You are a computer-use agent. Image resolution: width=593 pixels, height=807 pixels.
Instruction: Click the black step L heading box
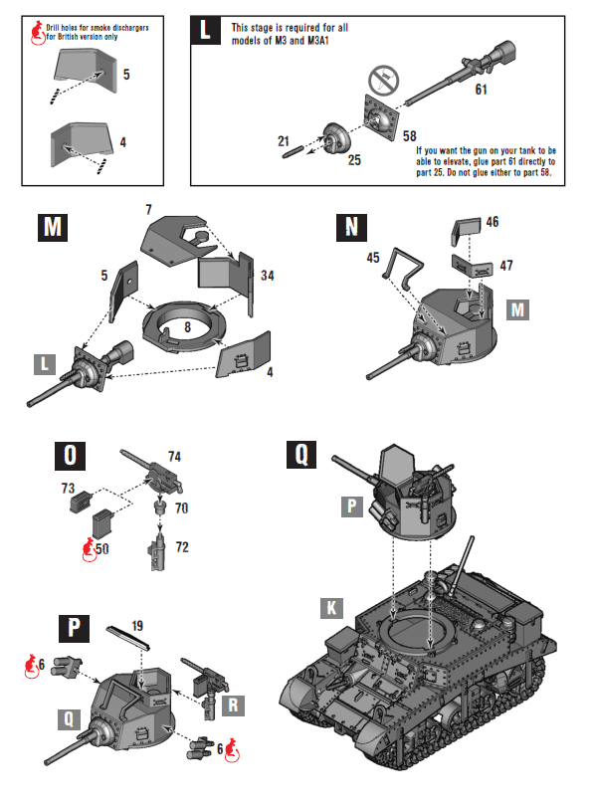205,30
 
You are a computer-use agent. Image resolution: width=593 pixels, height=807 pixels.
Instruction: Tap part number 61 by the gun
482,90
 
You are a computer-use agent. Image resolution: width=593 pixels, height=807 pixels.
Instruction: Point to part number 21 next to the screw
283,141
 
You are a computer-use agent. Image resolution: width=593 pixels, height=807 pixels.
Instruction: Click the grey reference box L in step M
46,364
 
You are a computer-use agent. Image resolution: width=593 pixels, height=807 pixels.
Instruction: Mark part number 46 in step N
493,223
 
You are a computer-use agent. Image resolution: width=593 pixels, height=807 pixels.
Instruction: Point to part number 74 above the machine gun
175,457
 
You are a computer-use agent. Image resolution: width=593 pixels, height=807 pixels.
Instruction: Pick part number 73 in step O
68,489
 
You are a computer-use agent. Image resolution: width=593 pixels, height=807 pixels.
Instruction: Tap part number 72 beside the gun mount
181,546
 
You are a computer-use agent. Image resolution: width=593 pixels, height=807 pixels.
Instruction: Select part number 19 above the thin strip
137,626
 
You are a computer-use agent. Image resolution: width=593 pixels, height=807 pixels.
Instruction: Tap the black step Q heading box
301,456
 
